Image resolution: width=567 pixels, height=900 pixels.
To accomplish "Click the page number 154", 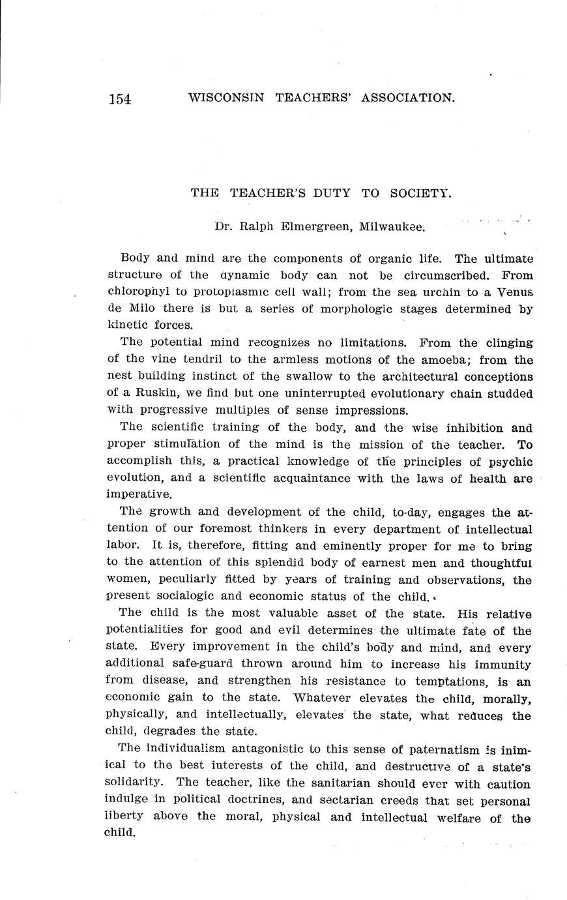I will tap(120, 98).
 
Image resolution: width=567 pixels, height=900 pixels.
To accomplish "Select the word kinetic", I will tap(127, 324).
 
